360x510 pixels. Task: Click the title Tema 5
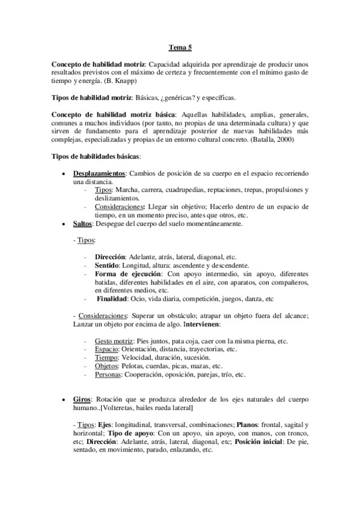pyautogui.click(x=180, y=47)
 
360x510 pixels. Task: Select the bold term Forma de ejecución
pyautogui.click(x=125, y=272)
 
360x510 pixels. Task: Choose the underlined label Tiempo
pyautogui.click(x=106, y=357)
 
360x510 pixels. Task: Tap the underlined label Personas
pyautogui.click(x=109, y=374)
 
